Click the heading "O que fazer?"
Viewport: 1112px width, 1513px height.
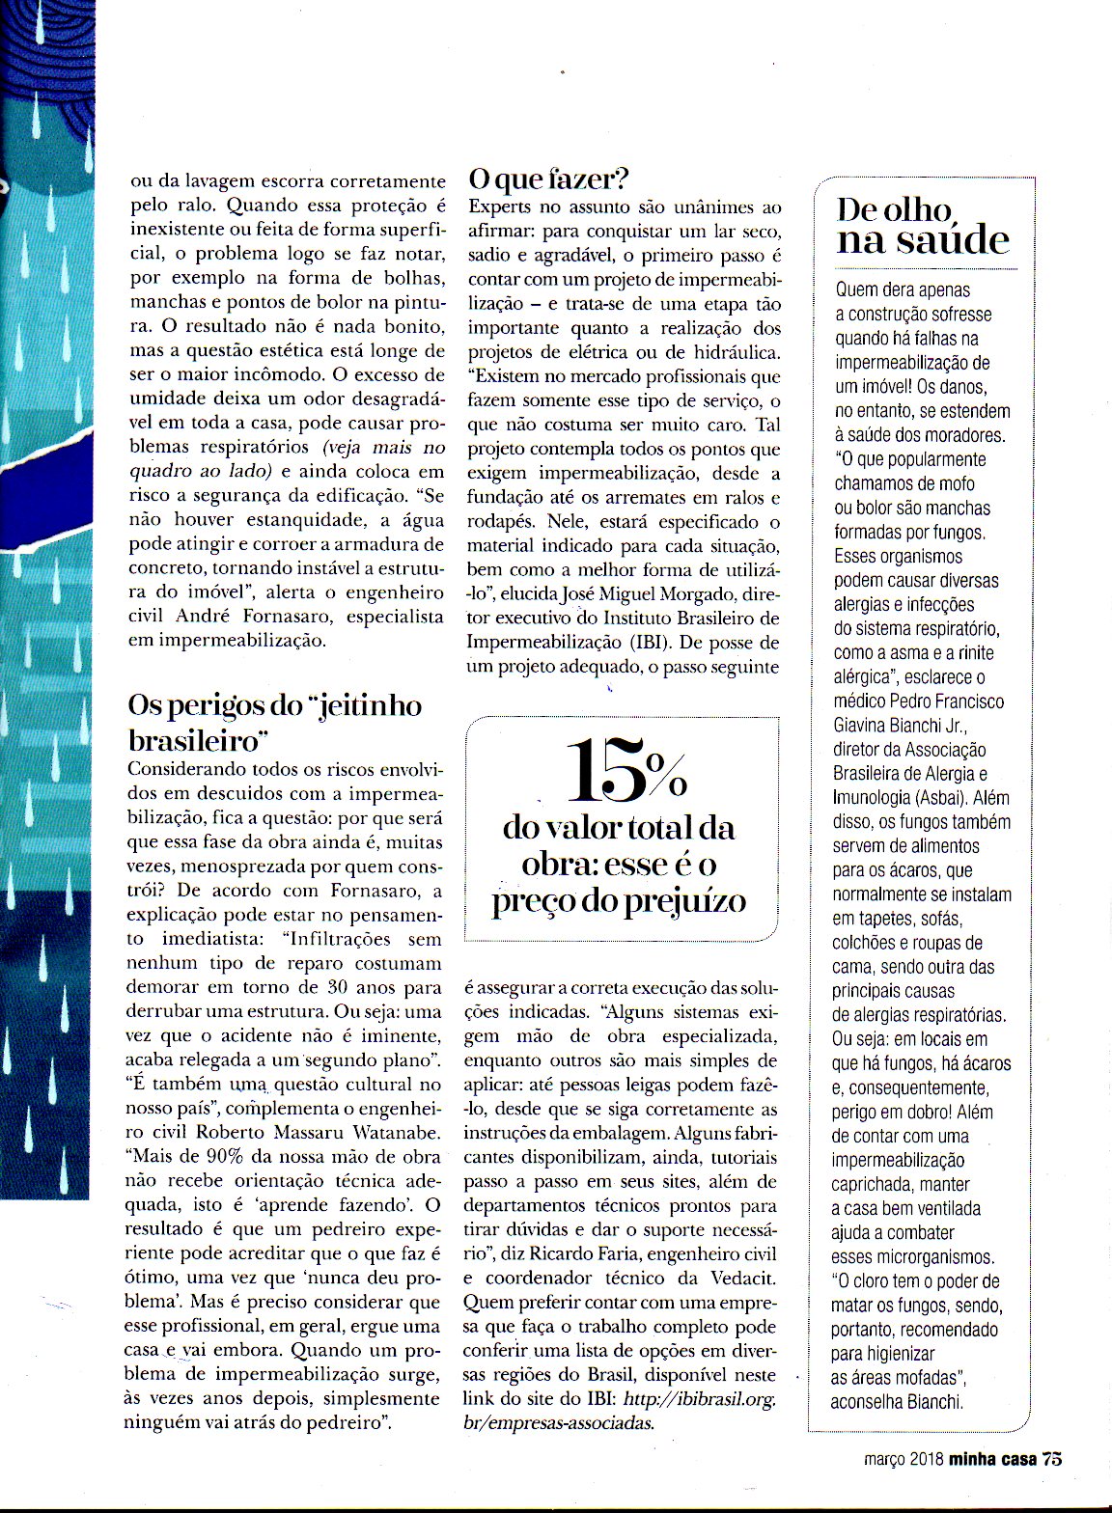tap(548, 179)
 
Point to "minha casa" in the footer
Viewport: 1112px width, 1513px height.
tap(992, 1459)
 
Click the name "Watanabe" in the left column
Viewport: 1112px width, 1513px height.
tap(393, 1132)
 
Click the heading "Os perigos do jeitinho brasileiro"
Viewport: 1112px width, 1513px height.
tap(274, 722)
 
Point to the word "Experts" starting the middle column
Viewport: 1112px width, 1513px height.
tap(499, 206)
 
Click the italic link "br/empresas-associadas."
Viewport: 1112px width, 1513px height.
tap(559, 1422)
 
